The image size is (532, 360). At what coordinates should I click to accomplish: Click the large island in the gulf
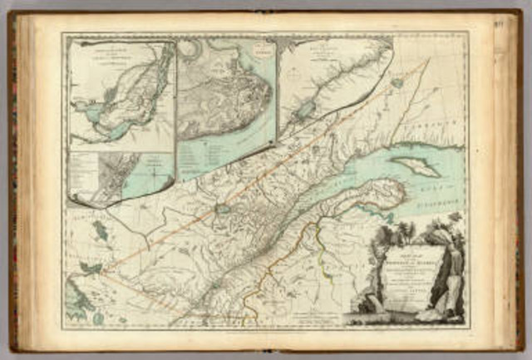click(415, 166)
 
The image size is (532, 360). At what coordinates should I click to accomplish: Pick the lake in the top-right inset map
click(306, 109)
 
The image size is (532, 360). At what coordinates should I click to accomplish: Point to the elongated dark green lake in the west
click(99, 230)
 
